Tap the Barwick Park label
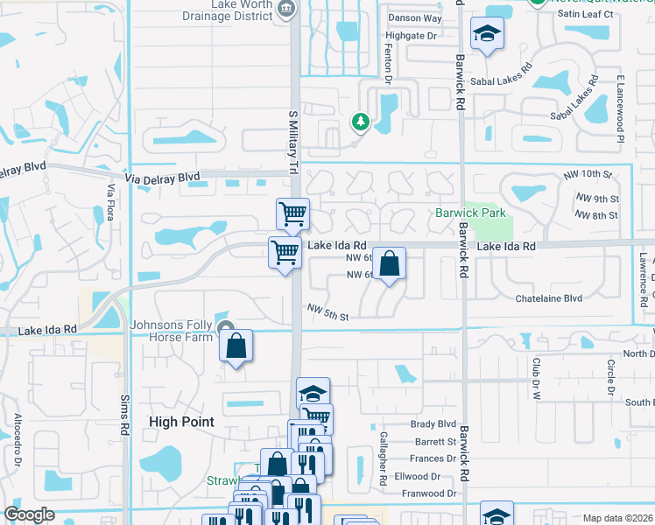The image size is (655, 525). tap(471, 213)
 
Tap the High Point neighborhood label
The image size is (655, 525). tap(182, 421)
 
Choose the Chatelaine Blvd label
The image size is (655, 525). tap(548, 298)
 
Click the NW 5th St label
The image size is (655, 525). tap(328, 311)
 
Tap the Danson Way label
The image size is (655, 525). tap(415, 17)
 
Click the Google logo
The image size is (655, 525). tap(29, 514)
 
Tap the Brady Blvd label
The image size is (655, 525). tap(434, 424)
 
